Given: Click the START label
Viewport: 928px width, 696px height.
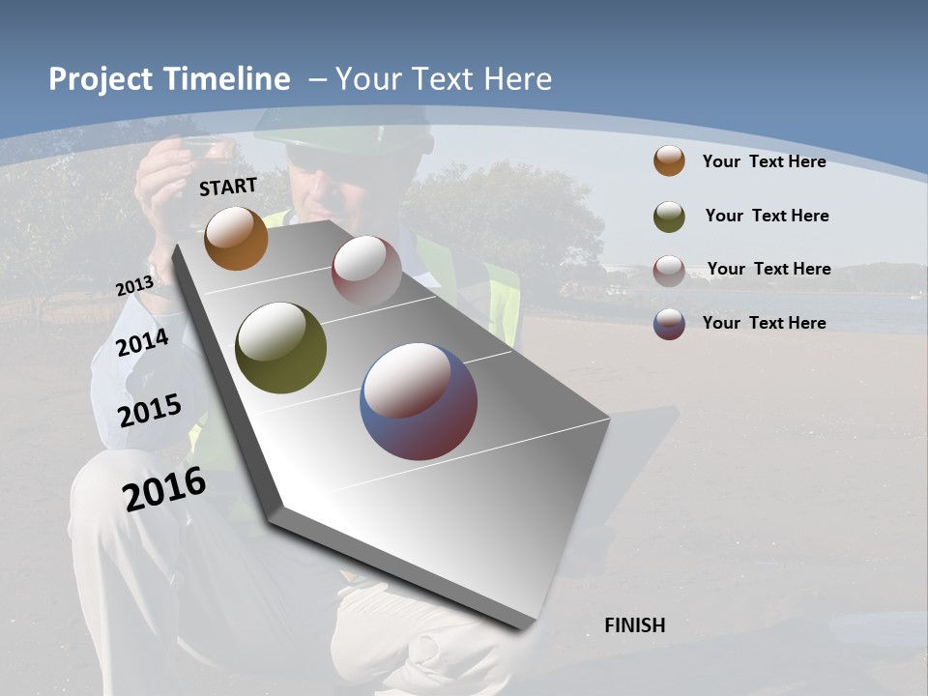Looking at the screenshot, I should [x=228, y=187].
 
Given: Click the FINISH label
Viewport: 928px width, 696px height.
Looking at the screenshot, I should [x=634, y=625].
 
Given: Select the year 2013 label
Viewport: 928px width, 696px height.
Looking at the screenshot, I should [x=134, y=286].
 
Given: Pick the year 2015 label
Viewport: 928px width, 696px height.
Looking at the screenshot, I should [x=150, y=411].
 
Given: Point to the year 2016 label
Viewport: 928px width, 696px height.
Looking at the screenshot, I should [x=164, y=489].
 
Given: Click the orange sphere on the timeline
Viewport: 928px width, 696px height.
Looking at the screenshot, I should [x=236, y=238].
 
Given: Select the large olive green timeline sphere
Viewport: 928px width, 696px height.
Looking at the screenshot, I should [x=281, y=348].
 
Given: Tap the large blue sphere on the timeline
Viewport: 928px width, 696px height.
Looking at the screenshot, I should [x=419, y=401].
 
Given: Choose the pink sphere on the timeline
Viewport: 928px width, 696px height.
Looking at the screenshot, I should [x=366, y=270].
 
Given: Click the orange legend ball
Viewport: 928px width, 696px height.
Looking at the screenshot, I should [x=669, y=160].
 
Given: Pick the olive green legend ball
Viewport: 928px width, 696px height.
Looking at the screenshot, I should [x=669, y=216].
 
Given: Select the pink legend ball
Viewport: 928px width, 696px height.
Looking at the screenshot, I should [x=669, y=270].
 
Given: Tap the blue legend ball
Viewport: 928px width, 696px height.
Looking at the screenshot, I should [x=669, y=324].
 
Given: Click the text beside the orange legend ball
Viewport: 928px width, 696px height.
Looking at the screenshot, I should [x=764, y=161].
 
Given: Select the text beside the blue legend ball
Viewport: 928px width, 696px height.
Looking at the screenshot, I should [x=764, y=323].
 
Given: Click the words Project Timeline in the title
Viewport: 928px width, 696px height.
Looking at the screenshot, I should [x=169, y=79].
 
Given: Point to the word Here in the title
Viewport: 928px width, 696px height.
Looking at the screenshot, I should [x=519, y=79].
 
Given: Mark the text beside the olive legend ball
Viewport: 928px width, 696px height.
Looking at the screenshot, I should [x=767, y=216].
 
